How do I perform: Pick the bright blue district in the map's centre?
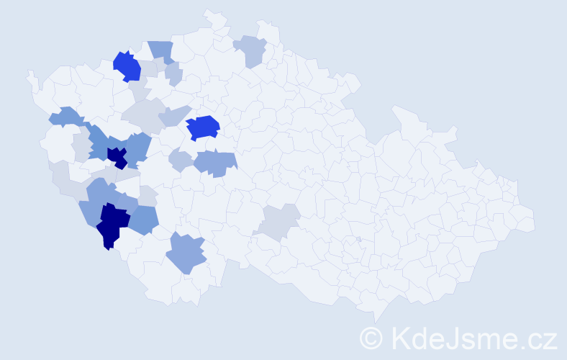(203, 127)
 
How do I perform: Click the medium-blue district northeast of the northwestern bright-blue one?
(161, 51)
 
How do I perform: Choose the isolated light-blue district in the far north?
(250, 50)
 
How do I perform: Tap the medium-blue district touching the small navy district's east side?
(138, 148)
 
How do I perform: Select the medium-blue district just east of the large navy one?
(144, 219)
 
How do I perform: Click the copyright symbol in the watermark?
(371, 337)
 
